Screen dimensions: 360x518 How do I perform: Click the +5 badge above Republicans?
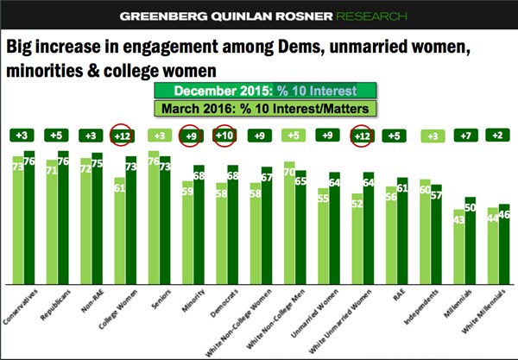57,135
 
